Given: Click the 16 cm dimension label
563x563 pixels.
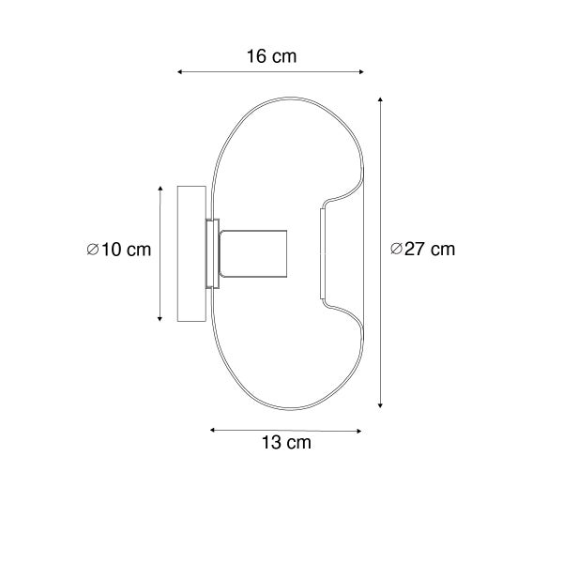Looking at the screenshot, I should [x=271, y=56].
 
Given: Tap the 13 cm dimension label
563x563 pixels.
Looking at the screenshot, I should [x=286, y=442].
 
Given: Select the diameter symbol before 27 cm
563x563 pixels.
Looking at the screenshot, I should [x=395, y=250].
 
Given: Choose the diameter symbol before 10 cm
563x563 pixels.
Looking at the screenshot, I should [x=91, y=250].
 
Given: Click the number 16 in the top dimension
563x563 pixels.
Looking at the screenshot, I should [x=257, y=56].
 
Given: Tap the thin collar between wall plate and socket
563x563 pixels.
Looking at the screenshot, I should [x=213, y=254].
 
